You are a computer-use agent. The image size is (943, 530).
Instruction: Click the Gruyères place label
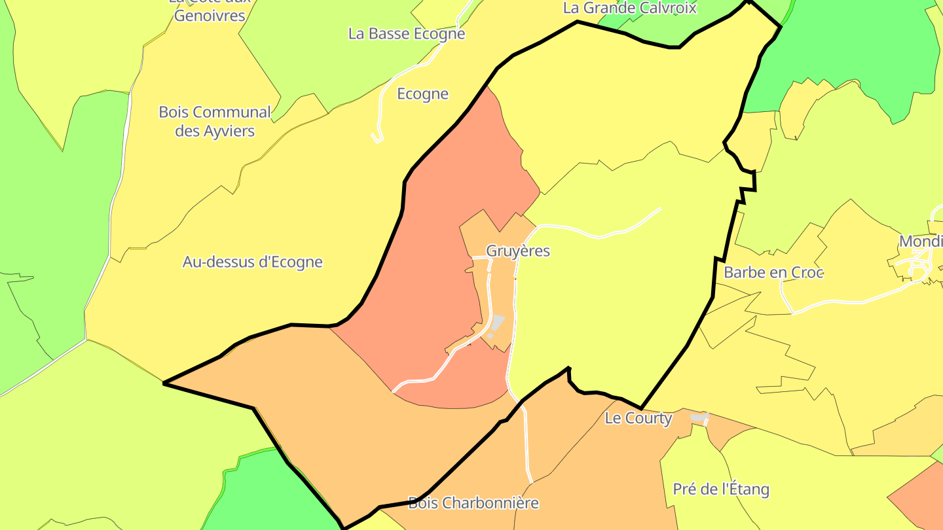tap(517, 251)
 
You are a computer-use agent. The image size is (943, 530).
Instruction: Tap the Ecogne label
tap(422, 94)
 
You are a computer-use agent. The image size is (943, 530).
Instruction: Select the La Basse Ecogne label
tap(406, 33)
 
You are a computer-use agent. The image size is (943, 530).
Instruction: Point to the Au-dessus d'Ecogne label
tap(252, 262)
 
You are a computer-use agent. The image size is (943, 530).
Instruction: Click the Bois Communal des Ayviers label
tap(215, 121)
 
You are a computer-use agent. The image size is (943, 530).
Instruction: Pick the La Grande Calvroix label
tap(629, 8)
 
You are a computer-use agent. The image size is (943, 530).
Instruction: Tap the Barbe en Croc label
tap(773, 272)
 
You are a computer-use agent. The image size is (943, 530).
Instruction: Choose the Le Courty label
tap(638, 418)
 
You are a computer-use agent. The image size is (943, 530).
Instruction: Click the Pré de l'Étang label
tap(720, 489)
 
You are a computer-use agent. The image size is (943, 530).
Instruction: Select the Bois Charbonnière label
tap(473, 503)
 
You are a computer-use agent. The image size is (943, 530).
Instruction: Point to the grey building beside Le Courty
tap(699, 417)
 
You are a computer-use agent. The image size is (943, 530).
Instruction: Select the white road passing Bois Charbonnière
tap(527, 445)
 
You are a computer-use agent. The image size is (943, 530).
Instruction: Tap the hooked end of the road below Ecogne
tap(377, 138)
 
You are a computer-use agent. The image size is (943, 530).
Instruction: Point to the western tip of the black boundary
tap(164, 383)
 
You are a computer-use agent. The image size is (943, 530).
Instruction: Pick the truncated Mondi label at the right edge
tap(920, 241)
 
